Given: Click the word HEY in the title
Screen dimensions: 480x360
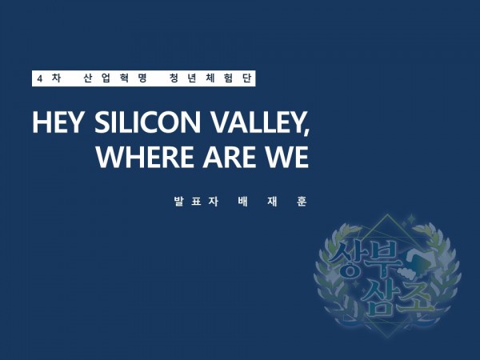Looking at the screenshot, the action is click(58, 122).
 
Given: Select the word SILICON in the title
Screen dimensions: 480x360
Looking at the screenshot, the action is click(147, 122).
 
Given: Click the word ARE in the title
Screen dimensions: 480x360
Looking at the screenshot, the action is click(230, 157).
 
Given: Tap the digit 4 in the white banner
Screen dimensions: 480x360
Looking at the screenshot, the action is click(39, 79).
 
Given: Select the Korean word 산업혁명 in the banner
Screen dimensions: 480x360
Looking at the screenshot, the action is click(115, 78).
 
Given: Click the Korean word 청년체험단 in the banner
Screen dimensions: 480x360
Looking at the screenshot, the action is click(210, 78).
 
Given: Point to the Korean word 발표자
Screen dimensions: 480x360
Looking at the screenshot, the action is click(196, 202).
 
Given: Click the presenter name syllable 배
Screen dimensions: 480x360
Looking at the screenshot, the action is click(242, 202).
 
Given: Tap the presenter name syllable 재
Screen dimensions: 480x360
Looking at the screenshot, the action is click(272, 202).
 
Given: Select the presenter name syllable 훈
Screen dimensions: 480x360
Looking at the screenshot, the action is click(302, 202).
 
